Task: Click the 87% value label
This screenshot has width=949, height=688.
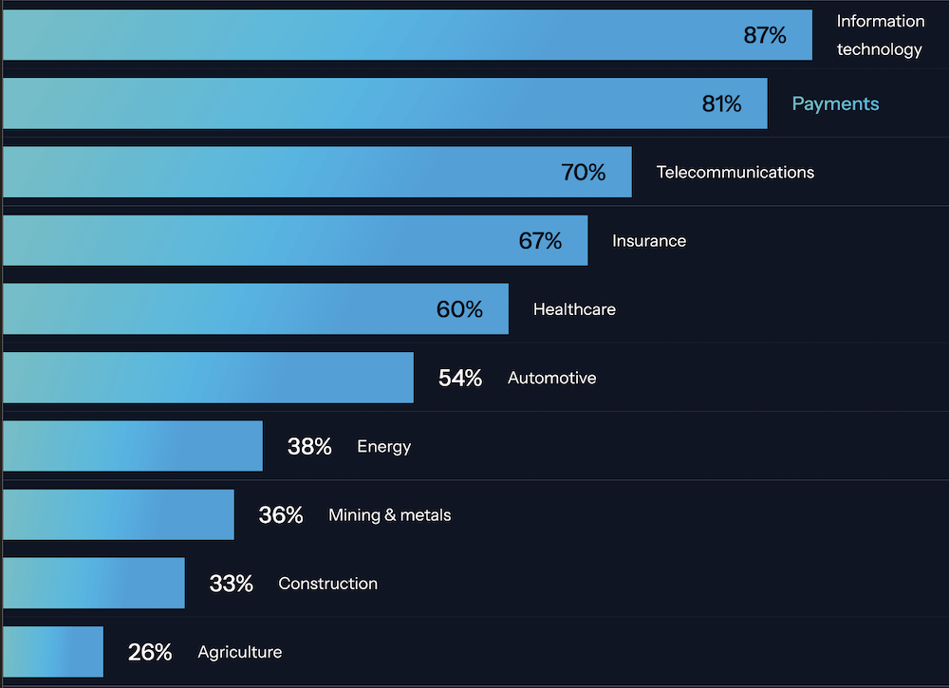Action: [765, 35]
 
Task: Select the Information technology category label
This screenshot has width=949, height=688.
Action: [880, 35]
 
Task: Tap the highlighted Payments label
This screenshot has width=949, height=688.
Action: [835, 103]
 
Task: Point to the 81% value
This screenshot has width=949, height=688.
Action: [722, 103]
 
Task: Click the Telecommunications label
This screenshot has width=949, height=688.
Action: [735, 172]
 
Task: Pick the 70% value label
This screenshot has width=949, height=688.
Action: [584, 172]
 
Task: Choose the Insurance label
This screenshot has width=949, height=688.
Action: [649, 241]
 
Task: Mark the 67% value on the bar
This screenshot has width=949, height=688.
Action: [540, 241]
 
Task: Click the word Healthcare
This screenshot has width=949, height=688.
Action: [574, 309]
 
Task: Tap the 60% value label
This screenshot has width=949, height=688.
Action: [460, 309]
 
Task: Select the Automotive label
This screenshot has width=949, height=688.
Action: [552, 378]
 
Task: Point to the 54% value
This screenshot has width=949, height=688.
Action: [460, 378]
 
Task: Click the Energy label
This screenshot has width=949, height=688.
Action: [384, 446]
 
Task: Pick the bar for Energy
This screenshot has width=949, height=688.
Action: [133, 446]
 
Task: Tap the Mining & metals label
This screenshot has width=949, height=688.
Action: [390, 515]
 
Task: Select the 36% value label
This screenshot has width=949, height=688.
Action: [281, 515]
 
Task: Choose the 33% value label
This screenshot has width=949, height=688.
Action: [232, 584]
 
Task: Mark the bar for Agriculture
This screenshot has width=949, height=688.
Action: [52, 652]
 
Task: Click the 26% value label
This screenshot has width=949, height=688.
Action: [150, 652]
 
